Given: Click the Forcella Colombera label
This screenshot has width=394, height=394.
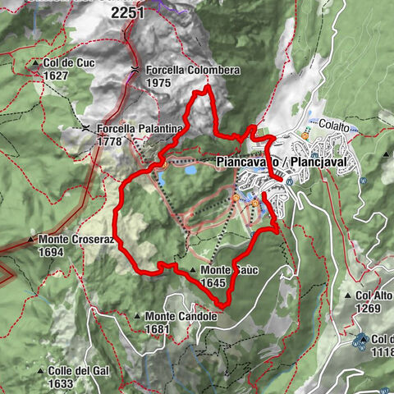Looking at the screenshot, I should coord(193,71).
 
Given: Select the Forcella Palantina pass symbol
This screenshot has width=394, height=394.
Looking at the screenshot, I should coord(86,129).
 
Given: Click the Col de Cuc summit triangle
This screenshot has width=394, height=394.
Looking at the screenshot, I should coord(37,63).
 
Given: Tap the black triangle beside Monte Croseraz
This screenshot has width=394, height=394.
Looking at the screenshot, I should coord(30,241).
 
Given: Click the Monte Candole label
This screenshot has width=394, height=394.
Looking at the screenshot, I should coord(181,316).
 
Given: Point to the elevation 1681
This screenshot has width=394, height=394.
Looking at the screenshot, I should coord(158,328).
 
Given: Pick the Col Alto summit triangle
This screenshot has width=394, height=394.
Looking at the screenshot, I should coord(349,295).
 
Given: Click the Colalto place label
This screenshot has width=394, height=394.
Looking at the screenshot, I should coord(335,126).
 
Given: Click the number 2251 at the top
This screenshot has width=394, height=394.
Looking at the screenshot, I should coord(128,12).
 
